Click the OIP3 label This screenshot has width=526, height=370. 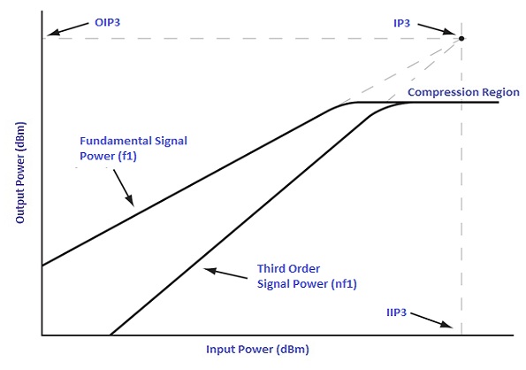(x=107, y=22)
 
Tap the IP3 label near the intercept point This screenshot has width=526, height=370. (x=401, y=23)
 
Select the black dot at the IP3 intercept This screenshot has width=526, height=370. (x=461, y=38)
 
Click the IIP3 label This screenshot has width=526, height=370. (x=397, y=312)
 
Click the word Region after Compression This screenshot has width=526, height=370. (x=501, y=92)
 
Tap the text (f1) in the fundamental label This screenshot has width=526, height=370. (x=127, y=156)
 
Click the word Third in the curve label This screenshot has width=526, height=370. (x=271, y=268)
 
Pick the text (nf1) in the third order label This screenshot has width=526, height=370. (x=344, y=284)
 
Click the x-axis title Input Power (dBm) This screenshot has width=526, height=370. (x=257, y=350)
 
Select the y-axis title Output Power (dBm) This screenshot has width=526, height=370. (x=19, y=173)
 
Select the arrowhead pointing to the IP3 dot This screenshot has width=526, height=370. (x=450, y=32)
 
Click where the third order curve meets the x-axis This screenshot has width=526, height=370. (x=111, y=335)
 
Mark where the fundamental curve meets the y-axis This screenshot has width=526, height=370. (x=42, y=266)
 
